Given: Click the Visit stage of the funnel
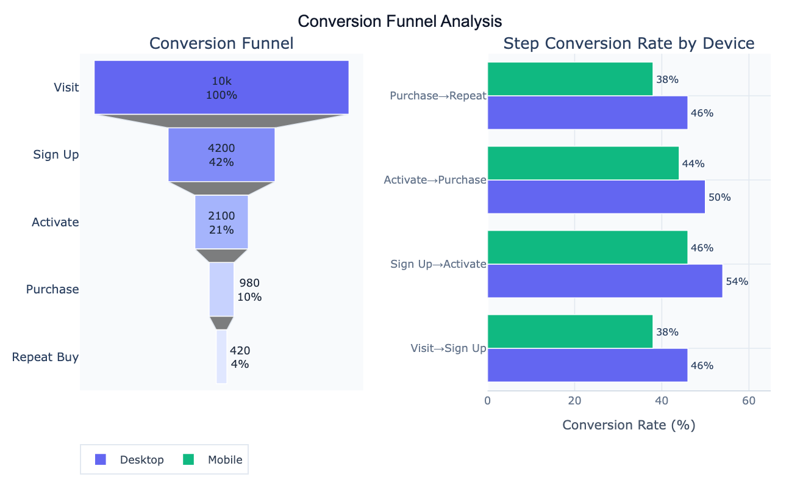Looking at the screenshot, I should coord(221,87).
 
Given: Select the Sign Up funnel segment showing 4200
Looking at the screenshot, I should coord(221,154).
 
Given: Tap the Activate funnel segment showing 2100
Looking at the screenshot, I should coord(221,222).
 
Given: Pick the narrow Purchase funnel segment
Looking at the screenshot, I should coord(221,289).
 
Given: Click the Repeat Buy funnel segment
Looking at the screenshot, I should coord(221,357).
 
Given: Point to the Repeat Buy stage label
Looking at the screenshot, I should coord(45,357).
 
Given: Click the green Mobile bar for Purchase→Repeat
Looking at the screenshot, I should coord(570,79).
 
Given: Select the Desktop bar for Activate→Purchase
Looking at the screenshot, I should coord(596,196).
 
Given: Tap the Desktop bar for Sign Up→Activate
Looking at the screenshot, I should coord(604,281).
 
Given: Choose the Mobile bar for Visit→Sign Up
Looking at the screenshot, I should coord(570,332).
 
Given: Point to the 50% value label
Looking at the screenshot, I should coord(719,197).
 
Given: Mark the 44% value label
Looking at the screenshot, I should coord(693,163).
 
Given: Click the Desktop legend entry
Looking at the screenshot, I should coord(130,460).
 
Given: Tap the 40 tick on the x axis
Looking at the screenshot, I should coord(662,401).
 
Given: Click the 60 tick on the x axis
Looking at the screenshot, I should coord(749,401).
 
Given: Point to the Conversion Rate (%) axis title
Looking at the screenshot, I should coord(629,425).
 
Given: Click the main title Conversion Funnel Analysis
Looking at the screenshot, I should coord(400,21).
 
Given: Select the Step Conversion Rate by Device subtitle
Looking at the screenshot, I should coord(629,43).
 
